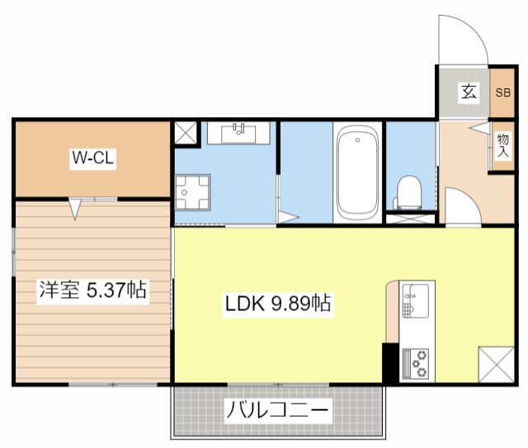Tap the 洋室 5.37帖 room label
tap(92, 290)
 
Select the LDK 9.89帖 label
tap(278, 304)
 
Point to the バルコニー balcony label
tap(278, 409)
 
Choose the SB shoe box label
tap(502, 92)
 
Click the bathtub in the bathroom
tap(357, 171)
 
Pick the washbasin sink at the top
tap(241, 132)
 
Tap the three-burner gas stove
tap(417, 363)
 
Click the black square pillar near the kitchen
tap(390, 362)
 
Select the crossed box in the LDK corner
tap(497, 364)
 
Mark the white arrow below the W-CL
tap(76, 209)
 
